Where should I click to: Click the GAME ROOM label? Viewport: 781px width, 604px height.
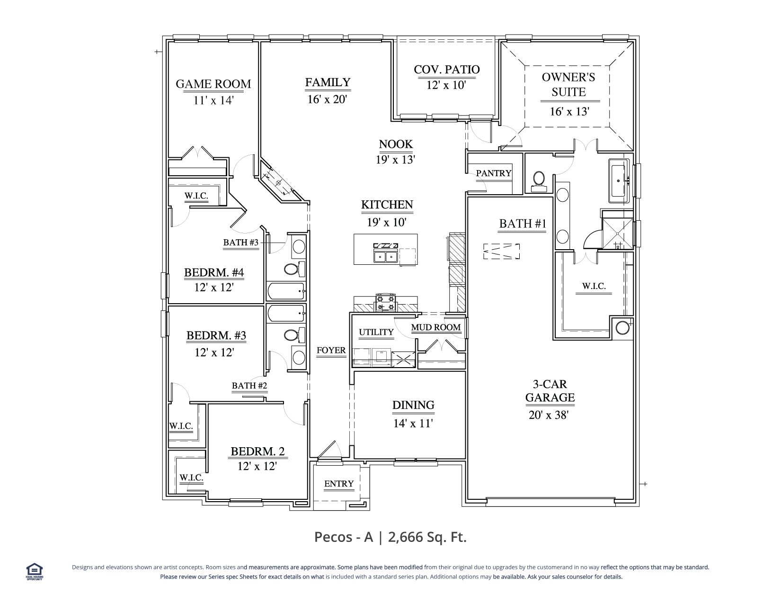[x=213, y=84]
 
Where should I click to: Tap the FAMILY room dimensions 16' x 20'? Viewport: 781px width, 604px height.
[x=327, y=99]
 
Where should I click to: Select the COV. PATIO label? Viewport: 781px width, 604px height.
[x=446, y=70]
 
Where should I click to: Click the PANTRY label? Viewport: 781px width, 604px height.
[x=494, y=173]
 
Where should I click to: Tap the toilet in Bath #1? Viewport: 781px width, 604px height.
[x=538, y=181]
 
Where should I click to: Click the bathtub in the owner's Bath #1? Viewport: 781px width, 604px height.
[x=619, y=181]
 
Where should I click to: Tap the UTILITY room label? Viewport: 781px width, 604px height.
[x=376, y=332]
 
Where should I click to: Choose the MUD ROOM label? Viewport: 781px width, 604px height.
[x=435, y=327]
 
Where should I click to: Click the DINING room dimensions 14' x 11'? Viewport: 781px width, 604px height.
[x=413, y=424]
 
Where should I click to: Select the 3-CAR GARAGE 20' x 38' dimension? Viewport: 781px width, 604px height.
[x=548, y=415]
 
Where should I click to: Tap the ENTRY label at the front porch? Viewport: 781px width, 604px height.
[x=339, y=484]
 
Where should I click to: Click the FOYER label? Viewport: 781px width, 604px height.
[x=331, y=350]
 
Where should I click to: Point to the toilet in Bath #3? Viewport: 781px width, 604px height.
[x=294, y=269]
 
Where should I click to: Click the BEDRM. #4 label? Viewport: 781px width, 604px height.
[x=214, y=272]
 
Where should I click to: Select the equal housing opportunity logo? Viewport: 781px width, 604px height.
[x=35, y=572]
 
